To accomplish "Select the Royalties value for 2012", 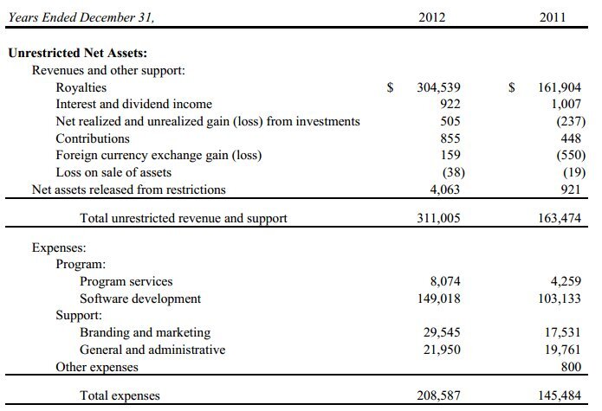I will [x=438, y=87].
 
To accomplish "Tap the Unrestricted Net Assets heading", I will [x=77, y=53].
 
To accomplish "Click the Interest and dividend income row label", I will [x=133, y=105].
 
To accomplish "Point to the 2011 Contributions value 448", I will [x=569, y=138].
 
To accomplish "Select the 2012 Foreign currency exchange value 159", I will [x=450, y=156].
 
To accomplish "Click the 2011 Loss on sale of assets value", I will [x=568, y=172].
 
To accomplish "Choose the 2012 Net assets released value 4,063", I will [x=444, y=189].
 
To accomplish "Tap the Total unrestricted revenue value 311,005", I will [x=438, y=218].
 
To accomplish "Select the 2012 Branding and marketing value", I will [x=442, y=332].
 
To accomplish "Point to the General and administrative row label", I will [x=152, y=350].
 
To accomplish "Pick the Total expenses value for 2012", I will [x=438, y=395].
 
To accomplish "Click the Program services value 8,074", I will [x=444, y=281].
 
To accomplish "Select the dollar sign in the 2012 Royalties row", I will [x=391, y=87].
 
